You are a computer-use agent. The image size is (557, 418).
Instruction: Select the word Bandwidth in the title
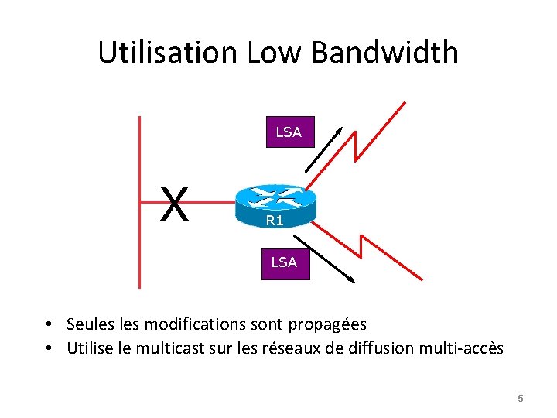coord(385,53)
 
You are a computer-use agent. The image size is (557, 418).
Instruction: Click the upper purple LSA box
coord(289,132)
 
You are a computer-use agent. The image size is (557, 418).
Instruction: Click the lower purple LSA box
coord(284,262)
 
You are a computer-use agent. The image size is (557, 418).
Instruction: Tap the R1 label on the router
coord(275,221)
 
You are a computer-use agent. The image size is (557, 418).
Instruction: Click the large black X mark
coord(175,204)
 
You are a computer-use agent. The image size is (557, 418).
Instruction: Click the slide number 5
coord(521,399)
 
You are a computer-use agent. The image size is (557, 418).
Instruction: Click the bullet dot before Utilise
coord(48,349)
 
